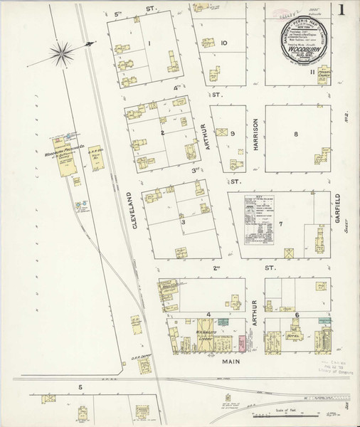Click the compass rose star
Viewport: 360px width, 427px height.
[x=63, y=51]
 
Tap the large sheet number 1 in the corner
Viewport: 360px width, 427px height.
[x=344, y=11]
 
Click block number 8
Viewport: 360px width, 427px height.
[x=295, y=135]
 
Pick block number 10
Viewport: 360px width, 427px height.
[x=223, y=43]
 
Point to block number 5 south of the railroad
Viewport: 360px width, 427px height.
[x=80, y=387]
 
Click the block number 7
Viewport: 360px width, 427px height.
[x=281, y=224]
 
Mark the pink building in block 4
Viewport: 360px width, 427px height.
[x=241, y=344]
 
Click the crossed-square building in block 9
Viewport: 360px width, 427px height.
[x=223, y=132]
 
